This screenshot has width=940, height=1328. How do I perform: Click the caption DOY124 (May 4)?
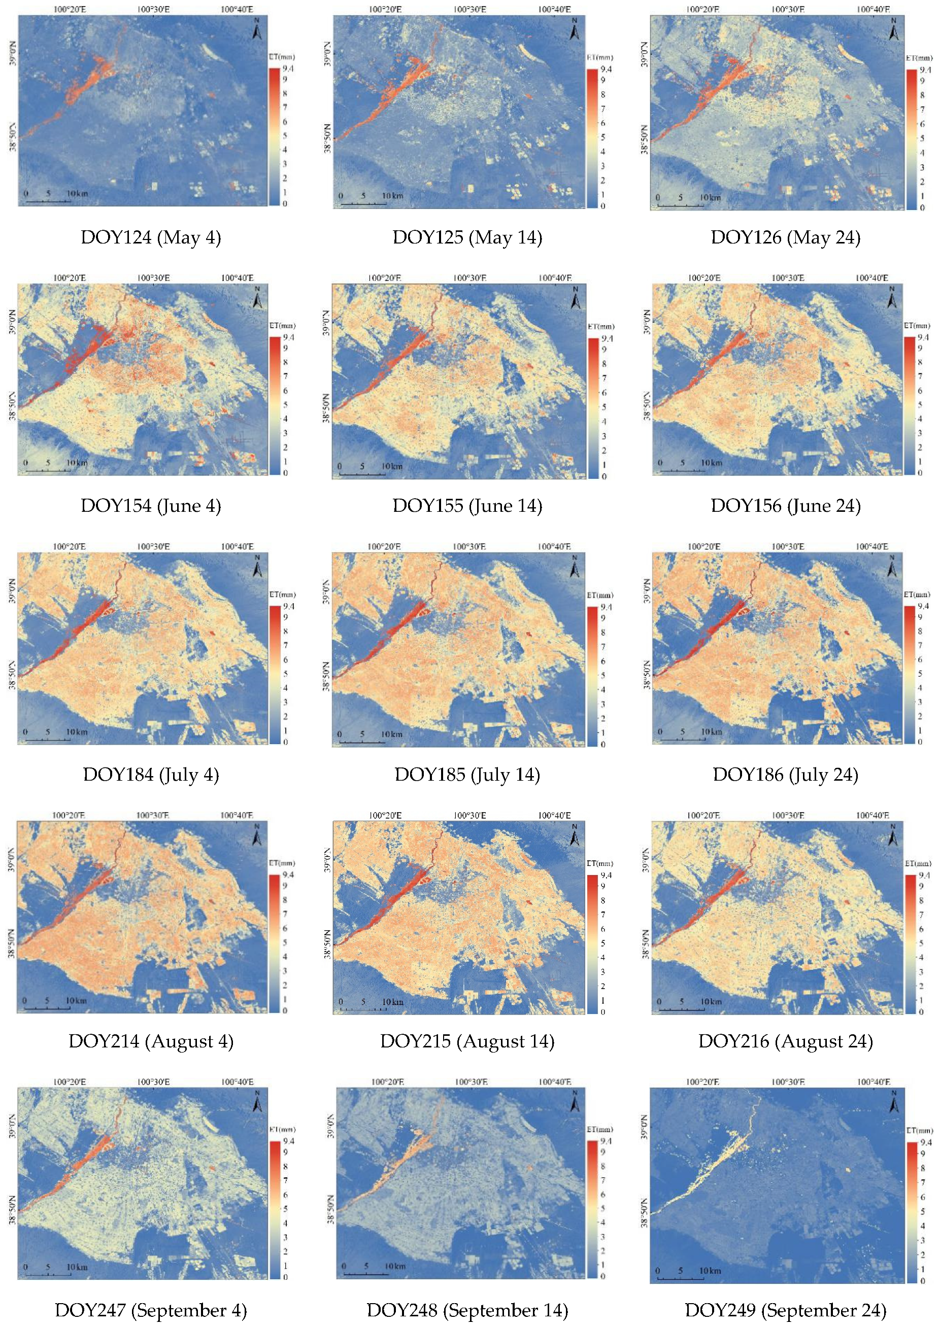pyautogui.click(x=151, y=237)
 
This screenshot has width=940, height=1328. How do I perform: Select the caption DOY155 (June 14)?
pyautogui.click(x=467, y=506)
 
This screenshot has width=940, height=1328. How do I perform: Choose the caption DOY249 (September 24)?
pyautogui.click(x=786, y=1310)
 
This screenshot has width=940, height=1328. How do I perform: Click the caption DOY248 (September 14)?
pyautogui.click(x=467, y=1310)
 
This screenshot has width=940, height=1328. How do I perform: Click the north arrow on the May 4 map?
pyautogui.click(x=257, y=29)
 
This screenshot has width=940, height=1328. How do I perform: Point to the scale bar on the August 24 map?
pyautogui.click(x=681, y=1008)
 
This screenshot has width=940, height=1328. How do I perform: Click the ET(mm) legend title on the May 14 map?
pyautogui.click(x=599, y=57)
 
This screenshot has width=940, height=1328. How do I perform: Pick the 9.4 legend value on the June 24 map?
pyautogui.click(x=923, y=337)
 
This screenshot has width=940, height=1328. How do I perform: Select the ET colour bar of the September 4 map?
pyautogui.click(x=274, y=1209)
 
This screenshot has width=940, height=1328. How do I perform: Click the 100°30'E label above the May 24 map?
pyautogui.click(x=788, y=9)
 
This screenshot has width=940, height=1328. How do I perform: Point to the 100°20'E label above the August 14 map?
pyautogui.click(x=385, y=815)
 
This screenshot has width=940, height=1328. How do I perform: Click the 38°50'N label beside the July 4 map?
pyautogui.click(x=12, y=676)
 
